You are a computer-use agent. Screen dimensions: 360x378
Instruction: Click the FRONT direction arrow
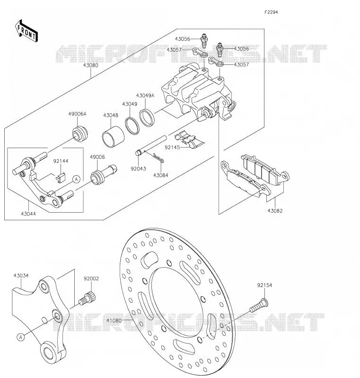pos(26,31)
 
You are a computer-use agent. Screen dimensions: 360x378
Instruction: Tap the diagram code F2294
pos(271,12)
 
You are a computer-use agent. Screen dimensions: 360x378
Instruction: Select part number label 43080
pos(91,65)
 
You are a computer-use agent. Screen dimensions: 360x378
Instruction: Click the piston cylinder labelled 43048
pos(113,136)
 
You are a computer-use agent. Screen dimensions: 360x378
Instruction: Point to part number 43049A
pos(145,96)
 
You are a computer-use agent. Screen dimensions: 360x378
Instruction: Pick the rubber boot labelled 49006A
pos(80,133)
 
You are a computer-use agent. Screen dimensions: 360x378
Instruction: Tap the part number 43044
pos(28,214)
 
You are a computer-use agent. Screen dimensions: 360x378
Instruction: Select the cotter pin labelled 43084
pos(158,158)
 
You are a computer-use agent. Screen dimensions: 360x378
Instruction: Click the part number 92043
pos(138,169)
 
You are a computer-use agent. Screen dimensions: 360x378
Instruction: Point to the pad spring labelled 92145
pos(190,140)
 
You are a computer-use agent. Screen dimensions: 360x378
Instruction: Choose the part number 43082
pos(275,210)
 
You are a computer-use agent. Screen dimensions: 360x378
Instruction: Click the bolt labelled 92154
pos(259,305)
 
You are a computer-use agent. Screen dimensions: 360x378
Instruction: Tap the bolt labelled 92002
pos(87,298)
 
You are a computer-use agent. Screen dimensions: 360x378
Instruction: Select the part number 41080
pos(114,321)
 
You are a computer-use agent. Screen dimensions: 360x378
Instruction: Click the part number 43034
pos(21,275)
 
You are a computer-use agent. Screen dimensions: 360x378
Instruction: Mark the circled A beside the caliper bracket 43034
pos(21,337)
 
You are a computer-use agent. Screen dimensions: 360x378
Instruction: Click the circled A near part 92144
pos(76,180)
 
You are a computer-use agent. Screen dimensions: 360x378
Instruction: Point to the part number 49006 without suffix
pos(97,157)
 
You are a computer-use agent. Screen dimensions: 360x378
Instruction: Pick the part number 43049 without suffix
pos(130,104)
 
